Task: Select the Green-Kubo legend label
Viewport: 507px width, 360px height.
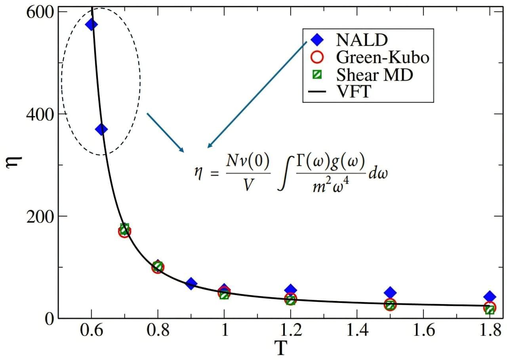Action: pyautogui.click(x=382, y=57)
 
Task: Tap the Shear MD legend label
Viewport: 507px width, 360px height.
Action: pyautogui.click(x=374, y=75)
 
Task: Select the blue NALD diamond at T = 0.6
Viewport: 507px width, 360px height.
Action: pyautogui.click(x=91, y=25)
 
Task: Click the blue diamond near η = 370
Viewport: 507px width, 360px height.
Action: pyautogui.click(x=101, y=129)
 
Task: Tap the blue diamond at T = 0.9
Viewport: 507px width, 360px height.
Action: pyautogui.click(x=191, y=283)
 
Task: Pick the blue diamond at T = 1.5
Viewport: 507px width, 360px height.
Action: pyautogui.click(x=390, y=293)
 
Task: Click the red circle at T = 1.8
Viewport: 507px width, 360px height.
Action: pyautogui.click(x=490, y=307)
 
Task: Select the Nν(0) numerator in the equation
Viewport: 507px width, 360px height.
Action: pyautogui.click(x=249, y=161)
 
